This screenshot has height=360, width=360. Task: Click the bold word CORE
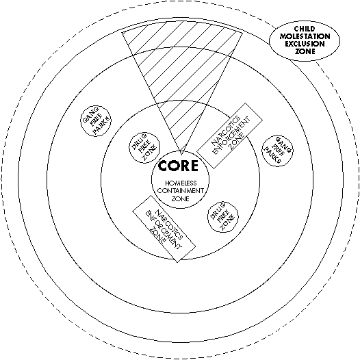[178, 166]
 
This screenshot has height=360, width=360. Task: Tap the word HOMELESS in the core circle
[181, 183]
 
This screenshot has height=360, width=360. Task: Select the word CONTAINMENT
[181, 191]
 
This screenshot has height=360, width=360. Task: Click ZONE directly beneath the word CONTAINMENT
[181, 198]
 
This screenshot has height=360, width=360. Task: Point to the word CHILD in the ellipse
[305, 29]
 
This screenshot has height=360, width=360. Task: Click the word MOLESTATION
[305, 36]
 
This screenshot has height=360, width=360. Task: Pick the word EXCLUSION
[305, 44]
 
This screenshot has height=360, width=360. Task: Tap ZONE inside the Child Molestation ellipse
[305, 51]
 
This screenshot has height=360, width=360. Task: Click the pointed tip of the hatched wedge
[181, 154]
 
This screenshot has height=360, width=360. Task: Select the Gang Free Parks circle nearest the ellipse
[277, 151]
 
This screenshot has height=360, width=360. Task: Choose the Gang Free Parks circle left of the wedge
[96, 120]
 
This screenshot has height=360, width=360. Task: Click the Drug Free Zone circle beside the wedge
[144, 148]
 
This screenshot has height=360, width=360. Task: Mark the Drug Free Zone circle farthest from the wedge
[222, 217]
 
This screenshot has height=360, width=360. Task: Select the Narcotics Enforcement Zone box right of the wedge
[230, 136]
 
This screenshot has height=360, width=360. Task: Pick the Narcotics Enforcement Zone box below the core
[164, 229]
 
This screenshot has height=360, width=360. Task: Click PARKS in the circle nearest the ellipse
[273, 156]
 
